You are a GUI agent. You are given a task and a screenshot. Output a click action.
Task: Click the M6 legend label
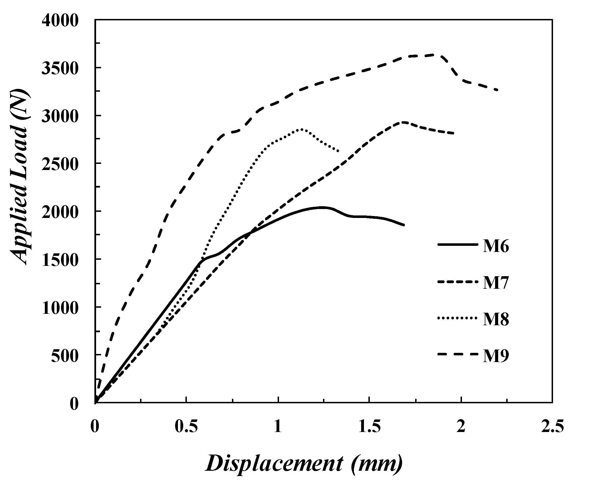pos(496,247)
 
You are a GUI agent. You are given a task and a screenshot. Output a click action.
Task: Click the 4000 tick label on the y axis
pos(60,21)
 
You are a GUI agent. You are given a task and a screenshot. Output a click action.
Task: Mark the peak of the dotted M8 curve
pos(301,129)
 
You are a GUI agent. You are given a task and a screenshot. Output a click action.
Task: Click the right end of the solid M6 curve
pos(404,225)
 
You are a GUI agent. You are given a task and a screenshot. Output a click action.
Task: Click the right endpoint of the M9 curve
pos(497,90)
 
